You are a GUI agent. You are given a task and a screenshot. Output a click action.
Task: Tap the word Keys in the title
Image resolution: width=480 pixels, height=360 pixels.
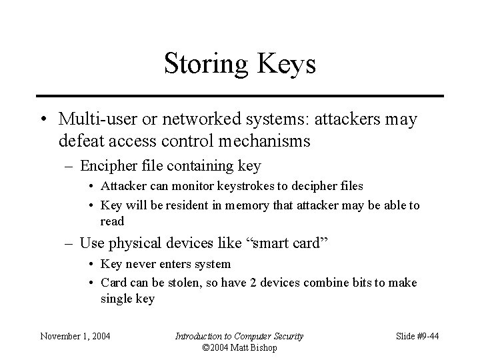283,65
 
